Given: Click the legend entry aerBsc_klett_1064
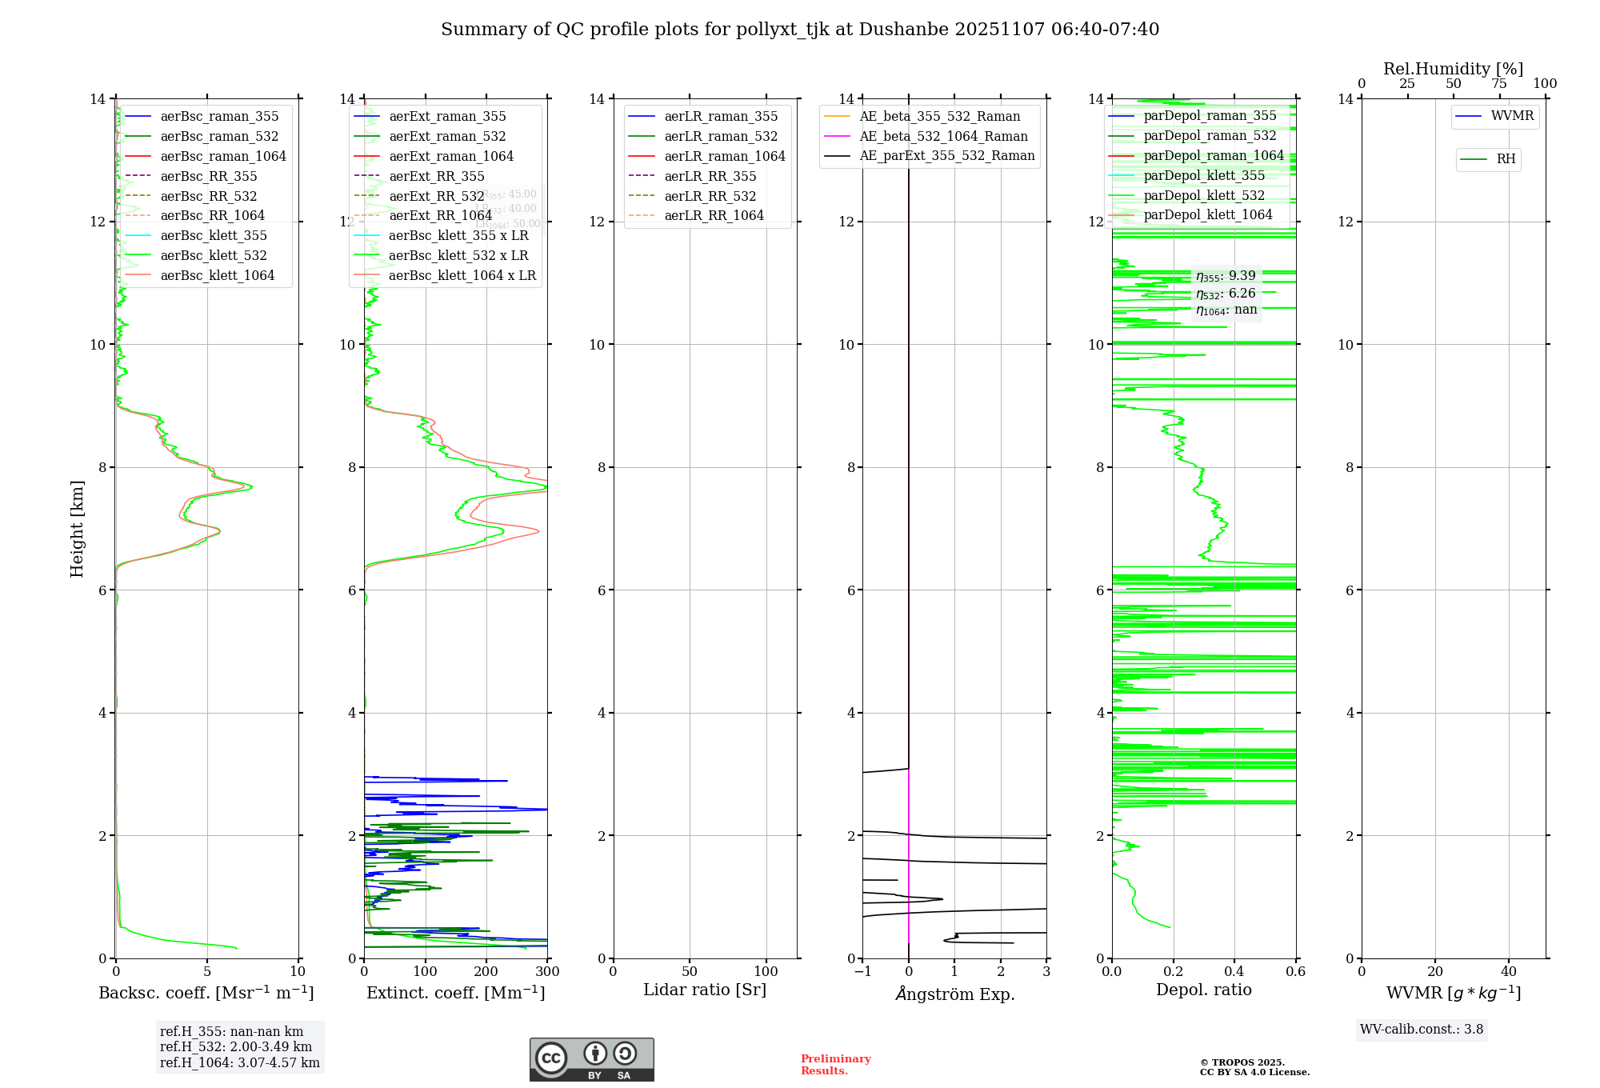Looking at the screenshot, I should (217, 275).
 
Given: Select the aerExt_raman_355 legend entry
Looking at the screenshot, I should (447, 117).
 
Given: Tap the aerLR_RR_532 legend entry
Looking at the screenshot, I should (710, 196).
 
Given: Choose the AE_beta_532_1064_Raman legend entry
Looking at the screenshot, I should (943, 137).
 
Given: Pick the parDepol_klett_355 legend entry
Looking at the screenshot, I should (1204, 176).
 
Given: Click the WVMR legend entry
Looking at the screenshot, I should (1512, 116).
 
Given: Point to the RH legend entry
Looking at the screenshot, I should (1506, 159).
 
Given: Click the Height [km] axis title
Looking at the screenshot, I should (77, 528).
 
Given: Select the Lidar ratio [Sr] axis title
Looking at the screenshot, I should (705, 990).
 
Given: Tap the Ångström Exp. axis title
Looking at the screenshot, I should (954, 994).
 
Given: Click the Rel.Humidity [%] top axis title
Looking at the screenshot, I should (1453, 69).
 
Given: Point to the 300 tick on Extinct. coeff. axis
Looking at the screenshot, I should (548, 972).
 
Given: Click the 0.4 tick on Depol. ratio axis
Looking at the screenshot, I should (1234, 972).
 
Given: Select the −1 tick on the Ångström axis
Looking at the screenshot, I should (862, 972).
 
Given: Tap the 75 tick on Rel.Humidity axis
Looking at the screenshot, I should (1499, 84).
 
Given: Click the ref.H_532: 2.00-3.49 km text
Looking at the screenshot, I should (236, 1047).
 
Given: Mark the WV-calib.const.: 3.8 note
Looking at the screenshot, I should (1422, 1030).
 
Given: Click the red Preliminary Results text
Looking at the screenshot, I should (835, 1065).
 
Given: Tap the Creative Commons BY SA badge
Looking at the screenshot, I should (591, 1060).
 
